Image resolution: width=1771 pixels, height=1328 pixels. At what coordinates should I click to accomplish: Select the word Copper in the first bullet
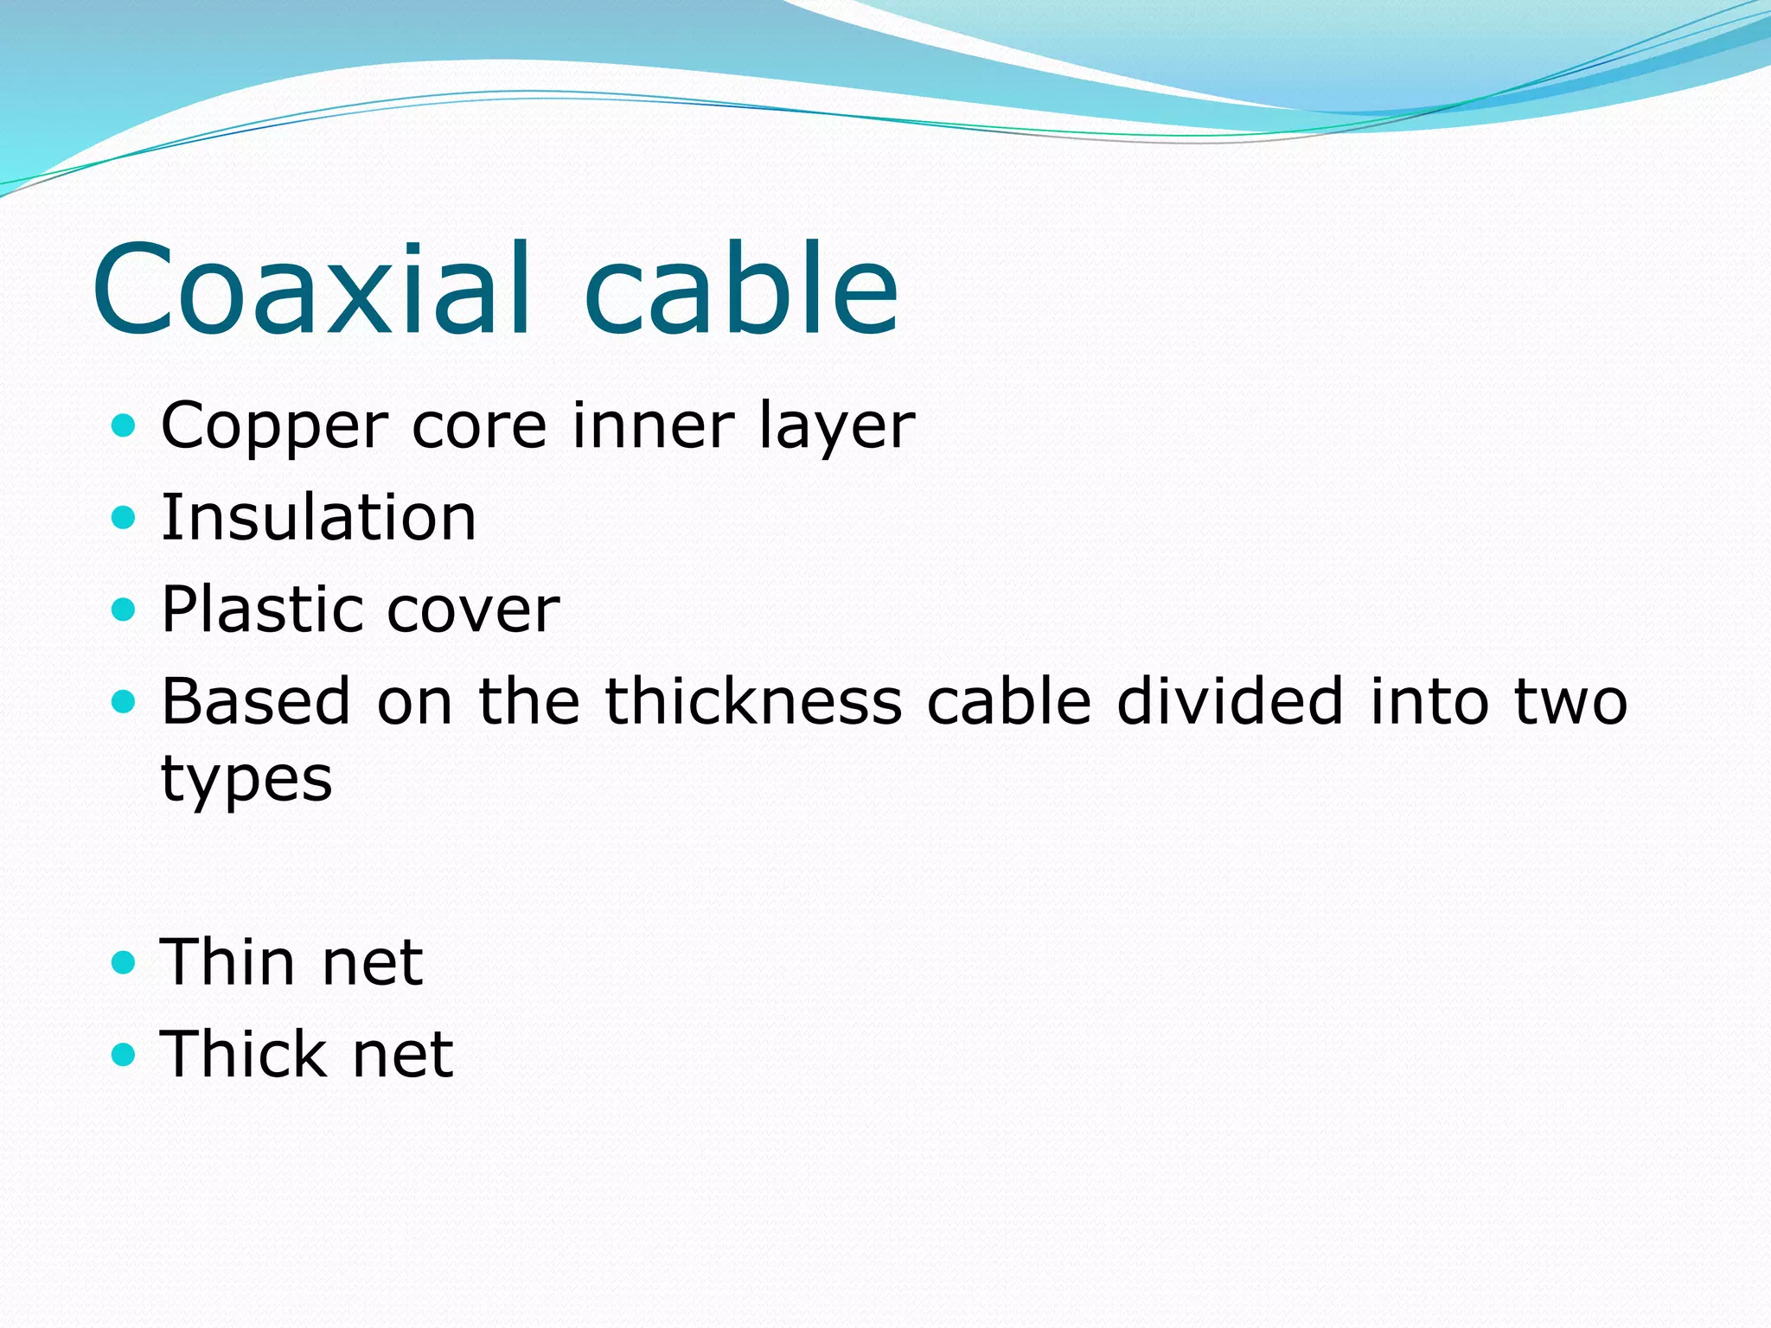tap(274, 427)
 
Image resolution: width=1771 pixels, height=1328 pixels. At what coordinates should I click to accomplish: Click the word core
tap(479, 427)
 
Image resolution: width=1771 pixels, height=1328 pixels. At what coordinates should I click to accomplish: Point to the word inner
tap(653, 425)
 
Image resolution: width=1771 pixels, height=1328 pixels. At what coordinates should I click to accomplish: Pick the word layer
tap(836, 427)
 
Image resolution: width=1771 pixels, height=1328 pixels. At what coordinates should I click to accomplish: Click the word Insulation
tap(318, 518)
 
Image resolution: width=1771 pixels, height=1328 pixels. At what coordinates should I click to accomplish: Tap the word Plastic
tap(262, 610)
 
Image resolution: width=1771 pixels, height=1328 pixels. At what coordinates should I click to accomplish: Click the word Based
tap(256, 701)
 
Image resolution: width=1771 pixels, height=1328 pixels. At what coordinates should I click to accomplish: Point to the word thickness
tap(753, 701)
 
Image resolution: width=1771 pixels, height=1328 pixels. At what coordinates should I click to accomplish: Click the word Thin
tap(228, 962)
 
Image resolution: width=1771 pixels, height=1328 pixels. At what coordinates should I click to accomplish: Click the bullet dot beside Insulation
tap(125, 518)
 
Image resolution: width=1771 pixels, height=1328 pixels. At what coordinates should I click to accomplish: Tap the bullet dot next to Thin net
tap(125, 962)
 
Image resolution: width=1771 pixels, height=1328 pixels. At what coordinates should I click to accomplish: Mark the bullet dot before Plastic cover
tap(125, 610)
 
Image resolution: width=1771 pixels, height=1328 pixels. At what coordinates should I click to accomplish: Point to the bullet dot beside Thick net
tap(125, 1054)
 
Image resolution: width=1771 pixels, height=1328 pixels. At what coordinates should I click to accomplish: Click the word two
tap(1570, 701)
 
